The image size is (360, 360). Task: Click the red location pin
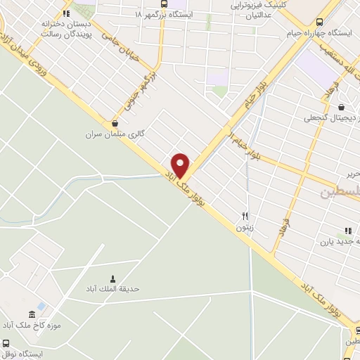181,165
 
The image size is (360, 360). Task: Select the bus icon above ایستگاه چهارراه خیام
320,21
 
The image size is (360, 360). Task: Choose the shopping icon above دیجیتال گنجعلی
342,107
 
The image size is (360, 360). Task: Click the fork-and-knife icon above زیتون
245,216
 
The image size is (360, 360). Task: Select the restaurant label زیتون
244,228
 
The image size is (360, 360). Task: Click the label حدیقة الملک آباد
112,289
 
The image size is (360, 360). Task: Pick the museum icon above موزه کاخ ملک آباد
30,314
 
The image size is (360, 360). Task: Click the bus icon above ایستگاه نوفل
6,344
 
